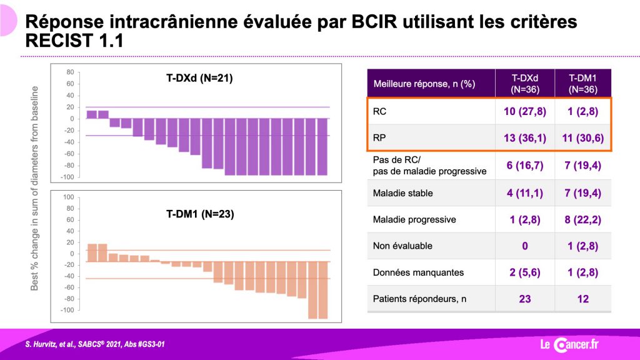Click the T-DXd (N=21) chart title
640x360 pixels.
[199, 78]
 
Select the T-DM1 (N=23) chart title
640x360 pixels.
[200, 214]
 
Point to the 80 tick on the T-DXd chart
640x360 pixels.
[70, 72]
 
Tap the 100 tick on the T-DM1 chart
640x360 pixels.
[69, 197]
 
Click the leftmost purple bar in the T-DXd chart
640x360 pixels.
[92, 115]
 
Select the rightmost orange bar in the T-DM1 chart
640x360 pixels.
[323, 290]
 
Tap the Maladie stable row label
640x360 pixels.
[403, 193]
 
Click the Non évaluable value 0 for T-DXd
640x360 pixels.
[525, 246]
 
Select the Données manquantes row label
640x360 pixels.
[418, 272]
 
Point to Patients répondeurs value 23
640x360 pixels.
[525, 299]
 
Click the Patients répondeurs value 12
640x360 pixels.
[583, 299]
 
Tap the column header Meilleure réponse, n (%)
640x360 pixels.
[424, 84]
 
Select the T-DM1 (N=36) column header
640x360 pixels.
[583, 84]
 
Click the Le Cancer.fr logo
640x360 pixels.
[569, 344]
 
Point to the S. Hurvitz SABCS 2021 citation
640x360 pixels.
[95, 344]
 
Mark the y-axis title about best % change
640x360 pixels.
[35, 188]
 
